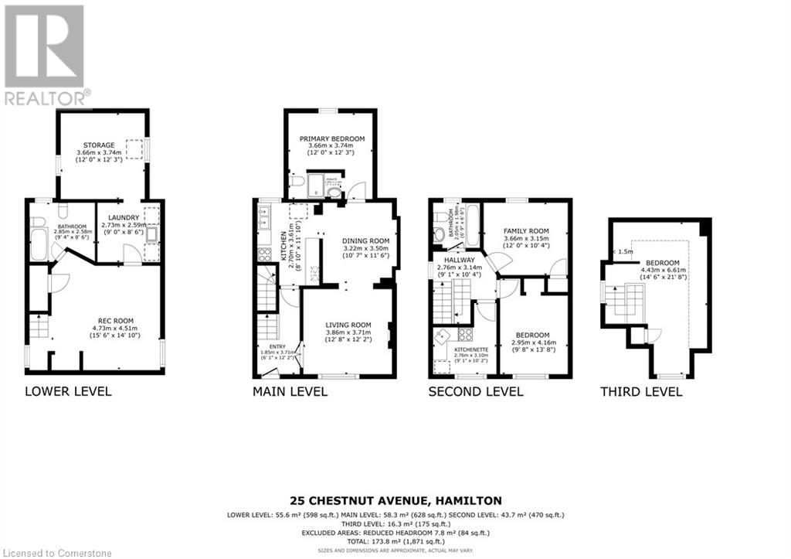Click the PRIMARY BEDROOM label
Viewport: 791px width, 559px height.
pyautogui.click(x=332, y=139)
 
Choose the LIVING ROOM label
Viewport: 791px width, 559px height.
pyautogui.click(x=348, y=325)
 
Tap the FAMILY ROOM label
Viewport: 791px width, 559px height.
pyautogui.click(x=526, y=231)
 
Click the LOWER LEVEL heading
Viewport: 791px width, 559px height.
pyautogui.click(x=68, y=391)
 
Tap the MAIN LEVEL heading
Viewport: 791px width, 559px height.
pyautogui.click(x=290, y=391)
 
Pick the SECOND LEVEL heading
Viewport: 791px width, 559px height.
pyautogui.click(x=476, y=391)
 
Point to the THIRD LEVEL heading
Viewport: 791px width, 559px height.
pyautogui.click(x=641, y=391)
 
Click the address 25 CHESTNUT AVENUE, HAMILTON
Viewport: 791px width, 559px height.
pyautogui.click(x=395, y=500)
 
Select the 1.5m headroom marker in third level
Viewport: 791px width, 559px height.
pyautogui.click(x=626, y=251)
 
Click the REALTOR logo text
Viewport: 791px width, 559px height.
pyautogui.click(x=45, y=97)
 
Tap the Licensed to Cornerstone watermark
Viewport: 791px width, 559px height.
pyautogui.click(x=57, y=553)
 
